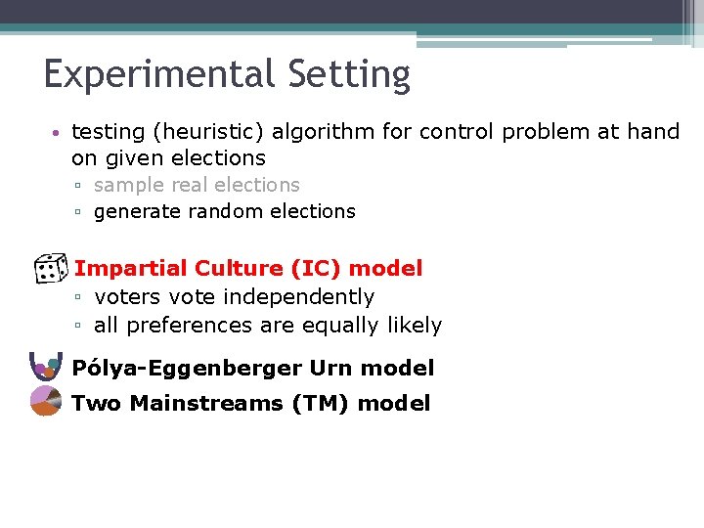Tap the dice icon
click(x=49, y=268)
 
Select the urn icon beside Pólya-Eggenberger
click(x=46, y=366)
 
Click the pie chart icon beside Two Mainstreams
click(x=46, y=401)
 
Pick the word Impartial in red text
click(x=131, y=268)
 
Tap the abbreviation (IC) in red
click(x=313, y=268)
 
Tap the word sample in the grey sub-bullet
click(x=129, y=185)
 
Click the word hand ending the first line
click(x=653, y=132)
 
